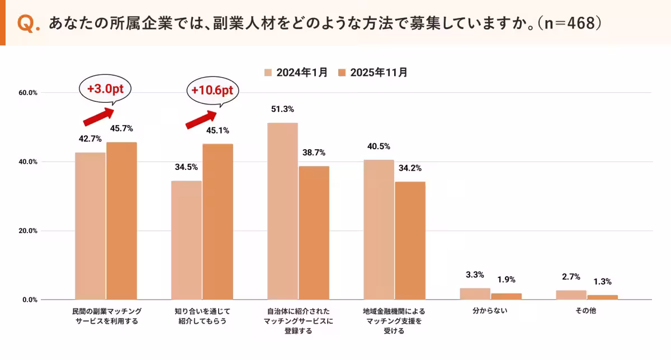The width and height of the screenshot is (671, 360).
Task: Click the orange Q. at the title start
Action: [x=28, y=23]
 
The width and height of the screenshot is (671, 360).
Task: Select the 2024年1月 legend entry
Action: [x=296, y=72]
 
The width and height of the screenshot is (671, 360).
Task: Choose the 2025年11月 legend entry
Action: [x=373, y=72]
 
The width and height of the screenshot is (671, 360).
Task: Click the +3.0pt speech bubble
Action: [x=104, y=90]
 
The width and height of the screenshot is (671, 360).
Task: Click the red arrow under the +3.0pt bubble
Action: [x=98, y=117]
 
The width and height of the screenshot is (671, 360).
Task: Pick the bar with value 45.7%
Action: [x=121, y=221]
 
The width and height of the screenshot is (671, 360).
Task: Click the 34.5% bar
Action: [x=186, y=240]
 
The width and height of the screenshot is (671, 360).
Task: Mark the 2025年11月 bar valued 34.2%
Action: [x=410, y=240]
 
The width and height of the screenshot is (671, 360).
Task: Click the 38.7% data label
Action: [x=314, y=153]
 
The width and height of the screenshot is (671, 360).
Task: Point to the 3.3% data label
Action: [x=475, y=274]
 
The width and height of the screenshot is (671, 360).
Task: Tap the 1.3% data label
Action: [x=603, y=282]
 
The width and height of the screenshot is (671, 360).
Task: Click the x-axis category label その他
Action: [x=587, y=311]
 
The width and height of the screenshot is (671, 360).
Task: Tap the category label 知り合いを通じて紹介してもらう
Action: [x=202, y=316]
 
